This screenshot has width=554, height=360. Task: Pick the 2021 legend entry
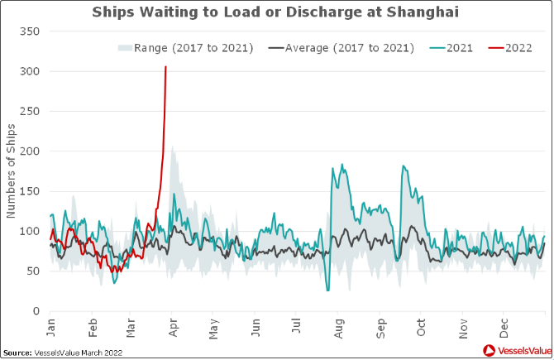[x=452, y=47]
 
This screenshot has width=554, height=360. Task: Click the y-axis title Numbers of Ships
[x=11, y=170]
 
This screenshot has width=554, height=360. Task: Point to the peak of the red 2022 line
[x=166, y=67]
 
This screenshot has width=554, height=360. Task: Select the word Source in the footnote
[x=17, y=353]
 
